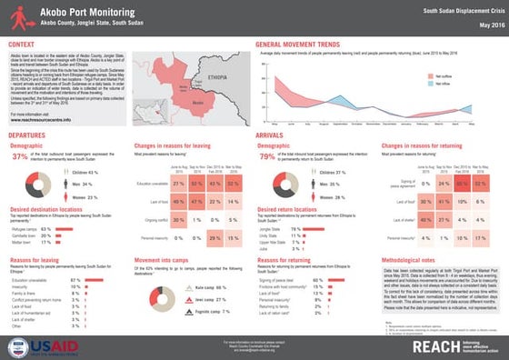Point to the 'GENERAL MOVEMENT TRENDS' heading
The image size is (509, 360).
[x=304, y=45]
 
